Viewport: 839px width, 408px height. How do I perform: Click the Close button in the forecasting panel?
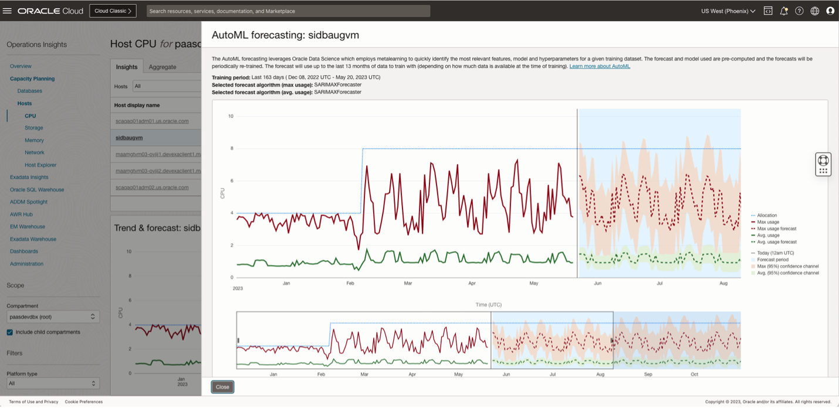pyautogui.click(x=222, y=387)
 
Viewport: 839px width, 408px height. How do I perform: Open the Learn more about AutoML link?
pyautogui.click(x=599, y=66)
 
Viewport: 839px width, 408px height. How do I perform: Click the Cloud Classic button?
pyautogui.click(x=113, y=11)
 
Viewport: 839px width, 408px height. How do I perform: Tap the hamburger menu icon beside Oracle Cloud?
pyautogui.click(x=8, y=11)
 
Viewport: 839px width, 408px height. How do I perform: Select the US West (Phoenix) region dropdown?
pyautogui.click(x=728, y=11)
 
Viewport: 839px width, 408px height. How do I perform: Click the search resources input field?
pyautogui.click(x=288, y=11)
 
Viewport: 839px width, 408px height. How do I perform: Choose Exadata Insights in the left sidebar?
pyautogui.click(x=29, y=177)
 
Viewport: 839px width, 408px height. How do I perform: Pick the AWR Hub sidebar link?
pyautogui.click(x=21, y=215)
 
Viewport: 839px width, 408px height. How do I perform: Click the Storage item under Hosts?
pyautogui.click(x=33, y=128)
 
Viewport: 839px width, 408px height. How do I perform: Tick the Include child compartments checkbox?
pyautogui.click(x=9, y=332)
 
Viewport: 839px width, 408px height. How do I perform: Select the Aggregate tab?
pyautogui.click(x=163, y=67)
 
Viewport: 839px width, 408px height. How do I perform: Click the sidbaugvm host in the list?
pyautogui.click(x=129, y=138)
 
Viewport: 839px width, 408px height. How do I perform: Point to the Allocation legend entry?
pyautogui.click(x=767, y=216)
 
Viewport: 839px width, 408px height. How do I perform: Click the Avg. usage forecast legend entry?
pyautogui.click(x=776, y=242)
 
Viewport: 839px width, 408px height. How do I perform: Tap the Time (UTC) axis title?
pyautogui.click(x=488, y=305)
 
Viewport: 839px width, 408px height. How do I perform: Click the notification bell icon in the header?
pyautogui.click(x=783, y=11)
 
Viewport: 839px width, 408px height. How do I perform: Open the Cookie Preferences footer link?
pyautogui.click(x=83, y=402)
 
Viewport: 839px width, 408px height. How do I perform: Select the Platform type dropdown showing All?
pyautogui.click(x=53, y=383)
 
